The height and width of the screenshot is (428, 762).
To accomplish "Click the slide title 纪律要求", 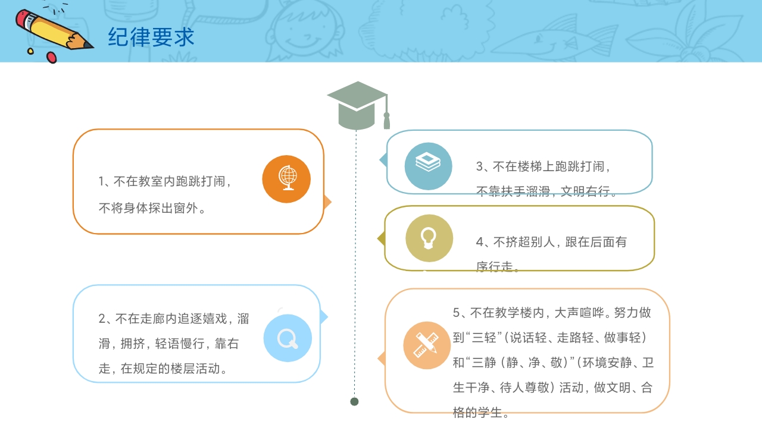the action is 151,37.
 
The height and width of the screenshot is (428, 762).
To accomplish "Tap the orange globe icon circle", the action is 286,179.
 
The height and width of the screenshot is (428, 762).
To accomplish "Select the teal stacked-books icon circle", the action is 428,166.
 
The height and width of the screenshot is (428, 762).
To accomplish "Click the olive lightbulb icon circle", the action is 429,238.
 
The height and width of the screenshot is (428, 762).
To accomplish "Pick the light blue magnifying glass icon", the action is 288,338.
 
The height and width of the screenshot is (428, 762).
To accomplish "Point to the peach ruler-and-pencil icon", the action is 427,345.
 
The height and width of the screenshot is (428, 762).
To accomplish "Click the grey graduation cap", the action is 358,106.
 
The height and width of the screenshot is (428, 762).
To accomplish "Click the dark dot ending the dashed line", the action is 354,401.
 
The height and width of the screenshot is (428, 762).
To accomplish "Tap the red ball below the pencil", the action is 52,58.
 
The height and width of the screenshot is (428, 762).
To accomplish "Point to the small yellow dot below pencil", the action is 30,51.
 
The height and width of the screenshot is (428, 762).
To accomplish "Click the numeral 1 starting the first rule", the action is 102,181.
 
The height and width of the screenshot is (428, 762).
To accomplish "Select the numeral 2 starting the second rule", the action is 102,319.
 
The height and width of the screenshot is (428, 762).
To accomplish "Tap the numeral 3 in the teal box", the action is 480,166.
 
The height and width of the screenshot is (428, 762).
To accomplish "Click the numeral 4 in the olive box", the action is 480,242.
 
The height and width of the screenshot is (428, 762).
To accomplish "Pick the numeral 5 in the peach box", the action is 457,313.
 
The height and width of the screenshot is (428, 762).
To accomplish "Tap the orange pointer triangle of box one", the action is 327,202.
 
